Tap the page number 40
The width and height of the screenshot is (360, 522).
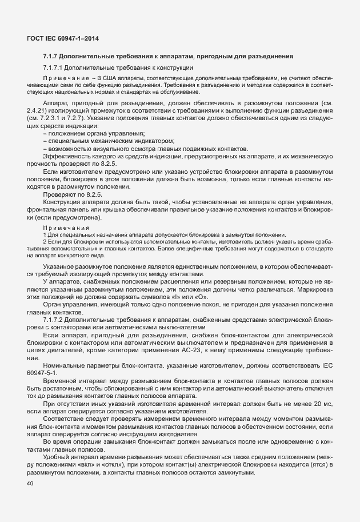point(30,484)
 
